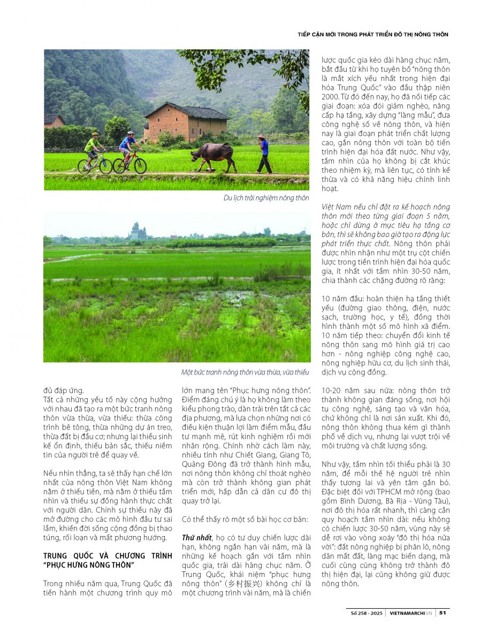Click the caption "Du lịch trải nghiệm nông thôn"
266,198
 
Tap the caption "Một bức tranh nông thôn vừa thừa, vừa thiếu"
245,372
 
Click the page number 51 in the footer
443,613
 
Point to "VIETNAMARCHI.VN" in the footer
411,613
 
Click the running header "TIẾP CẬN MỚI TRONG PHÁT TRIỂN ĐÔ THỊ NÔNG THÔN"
372,34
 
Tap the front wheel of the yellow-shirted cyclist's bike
105,166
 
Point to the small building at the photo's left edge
53,121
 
